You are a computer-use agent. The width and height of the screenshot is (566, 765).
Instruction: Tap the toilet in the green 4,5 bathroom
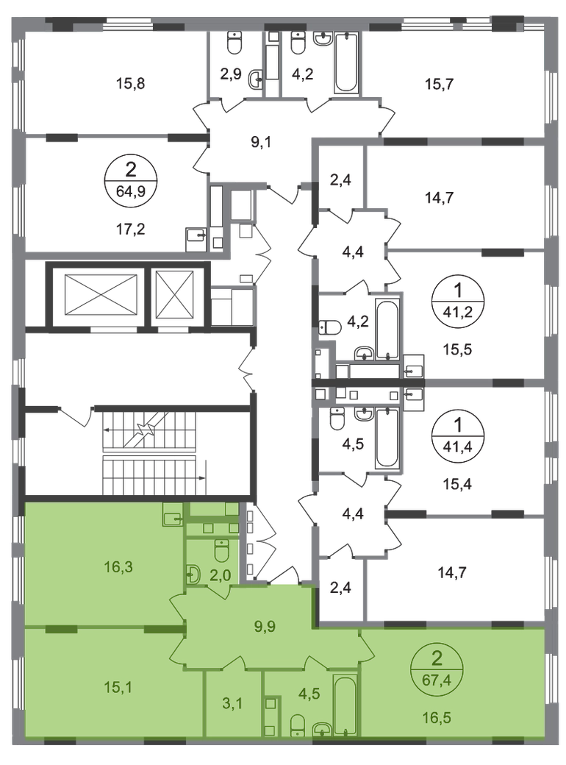click(x=297, y=725)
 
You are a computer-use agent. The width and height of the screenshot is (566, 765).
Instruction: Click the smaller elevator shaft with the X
click(x=175, y=296)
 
